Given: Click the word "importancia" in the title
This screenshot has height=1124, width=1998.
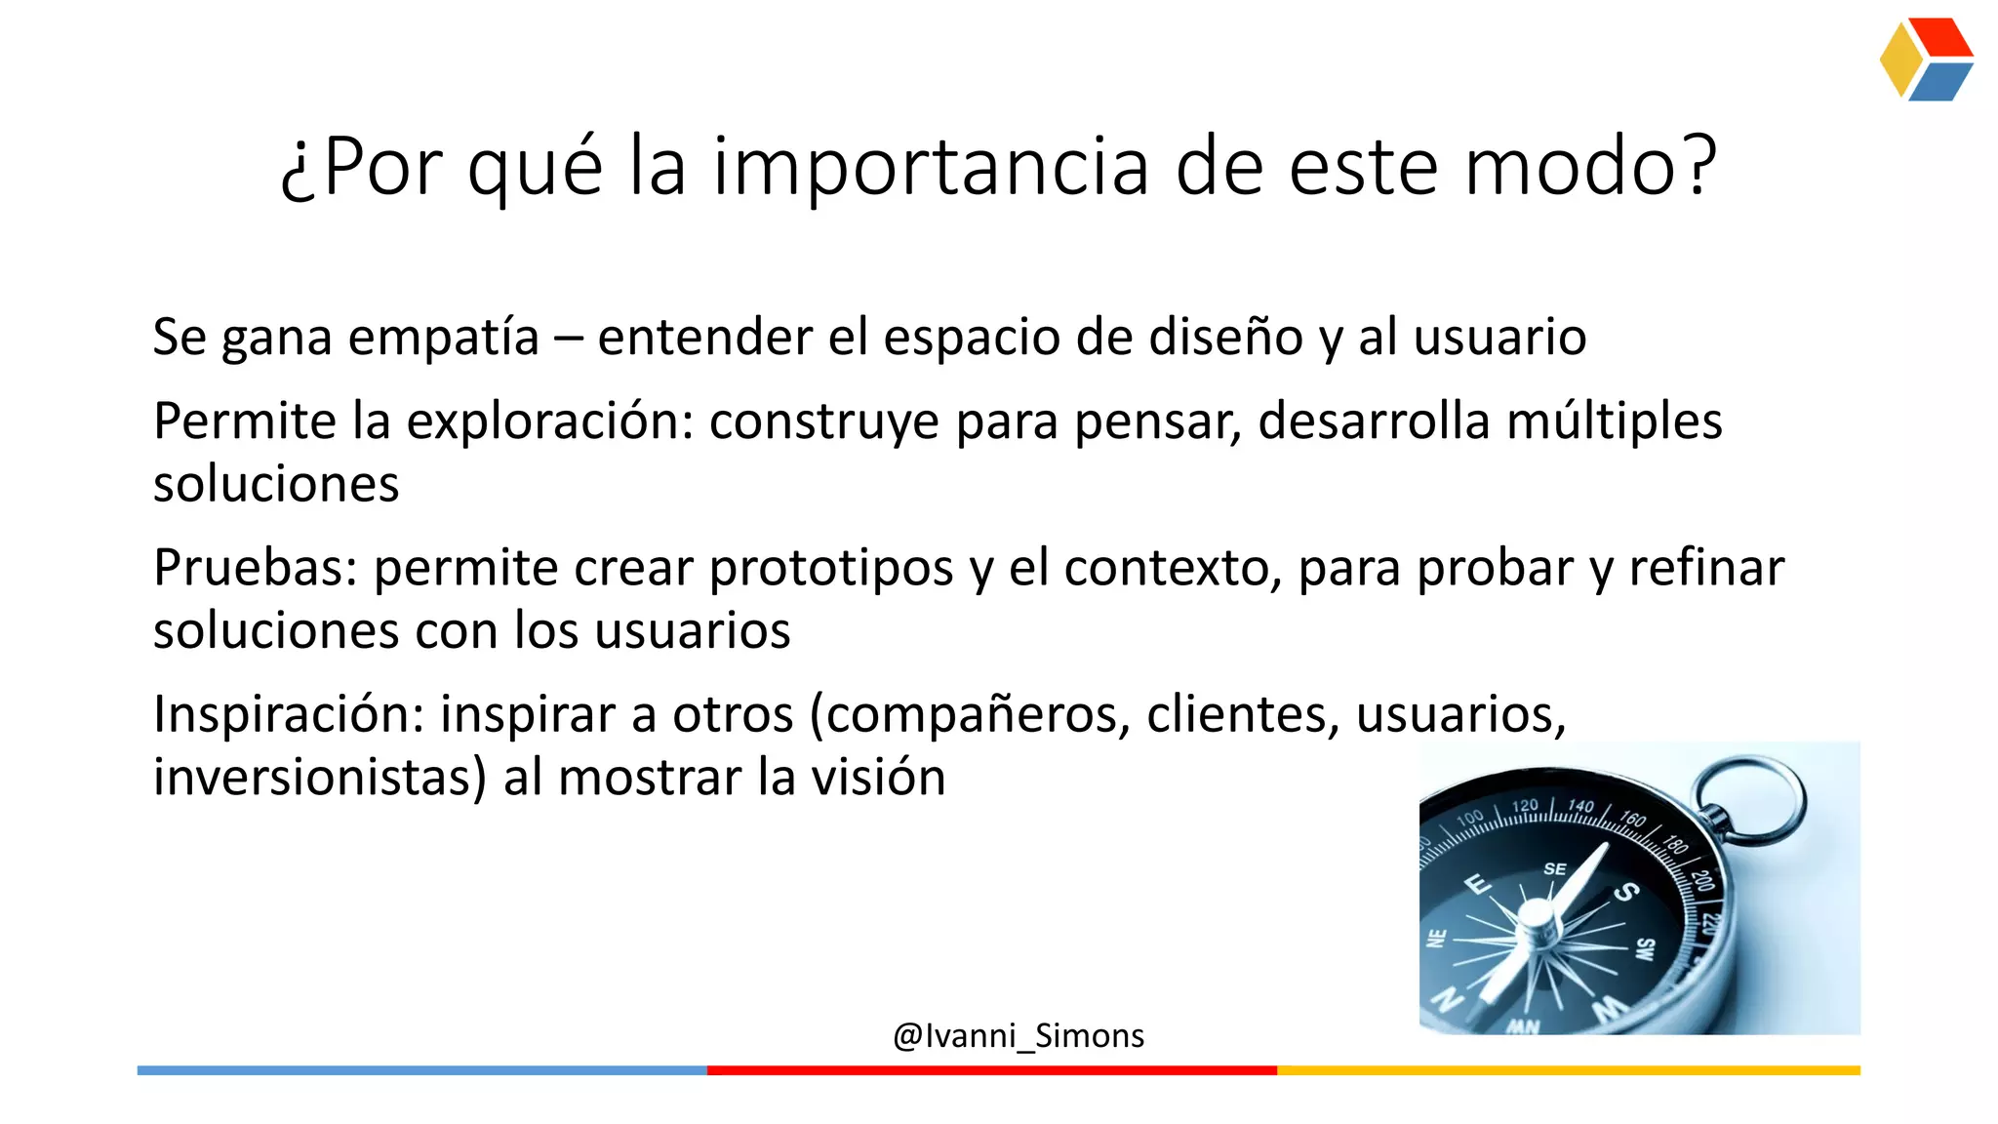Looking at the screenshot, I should [x=931, y=168].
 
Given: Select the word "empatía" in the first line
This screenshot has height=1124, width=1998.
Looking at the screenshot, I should [x=444, y=339].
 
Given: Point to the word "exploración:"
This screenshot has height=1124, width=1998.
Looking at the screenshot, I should [x=549, y=422].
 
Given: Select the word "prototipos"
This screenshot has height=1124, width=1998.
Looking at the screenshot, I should [x=830, y=570].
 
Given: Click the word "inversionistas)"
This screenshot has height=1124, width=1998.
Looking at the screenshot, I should [x=319, y=779].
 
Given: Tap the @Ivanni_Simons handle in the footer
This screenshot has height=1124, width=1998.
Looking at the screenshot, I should [x=1018, y=1035].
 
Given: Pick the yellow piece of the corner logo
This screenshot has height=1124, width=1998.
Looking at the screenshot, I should [x=1899, y=60].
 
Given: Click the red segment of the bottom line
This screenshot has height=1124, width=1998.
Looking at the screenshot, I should [x=991, y=1070].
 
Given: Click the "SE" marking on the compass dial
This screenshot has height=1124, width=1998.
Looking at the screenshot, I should [x=1555, y=868].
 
